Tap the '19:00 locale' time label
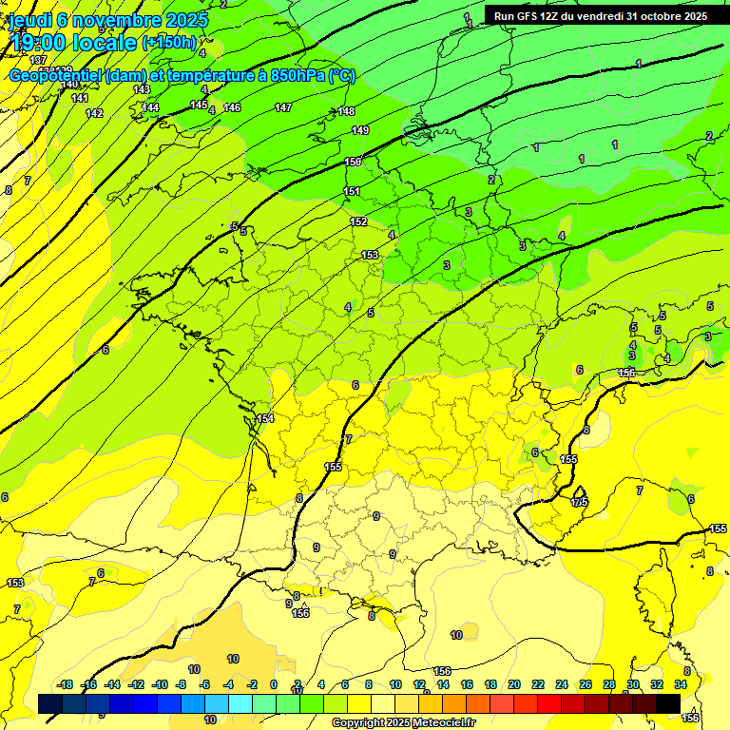(x=75, y=42)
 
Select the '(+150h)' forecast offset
(x=169, y=43)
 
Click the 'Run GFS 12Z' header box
(x=600, y=16)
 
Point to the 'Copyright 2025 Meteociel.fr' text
(x=404, y=723)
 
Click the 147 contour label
(x=283, y=107)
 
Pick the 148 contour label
(x=347, y=112)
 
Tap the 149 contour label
(x=360, y=130)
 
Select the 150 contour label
(x=354, y=163)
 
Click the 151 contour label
(x=352, y=192)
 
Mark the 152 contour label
(x=358, y=221)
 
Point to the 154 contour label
(x=265, y=418)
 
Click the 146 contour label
(x=232, y=107)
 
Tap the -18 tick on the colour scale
(x=66, y=684)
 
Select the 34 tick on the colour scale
(x=681, y=684)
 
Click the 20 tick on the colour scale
(x=514, y=684)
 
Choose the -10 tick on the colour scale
(x=160, y=684)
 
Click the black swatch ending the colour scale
(x=668, y=703)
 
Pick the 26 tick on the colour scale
(x=586, y=684)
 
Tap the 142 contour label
(x=94, y=113)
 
